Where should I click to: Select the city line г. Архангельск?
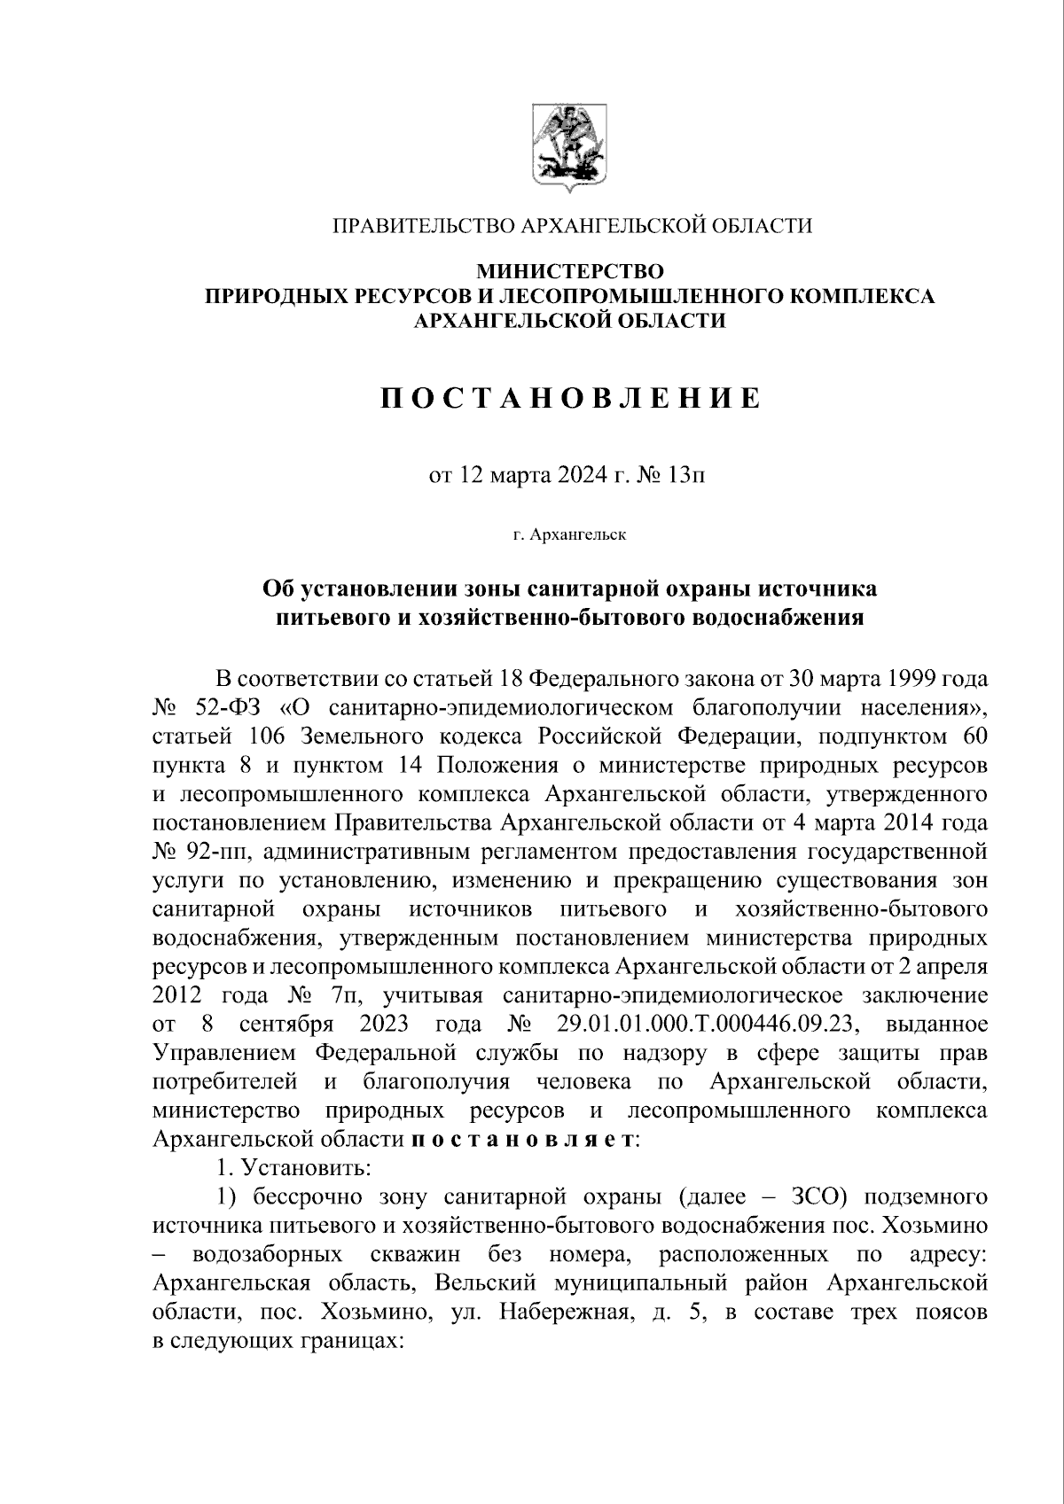click(x=569, y=535)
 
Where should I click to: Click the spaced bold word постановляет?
click(x=523, y=1140)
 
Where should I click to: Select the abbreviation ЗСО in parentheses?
click(x=811, y=1197)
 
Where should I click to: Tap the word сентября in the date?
click(x=286, y=1025)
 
